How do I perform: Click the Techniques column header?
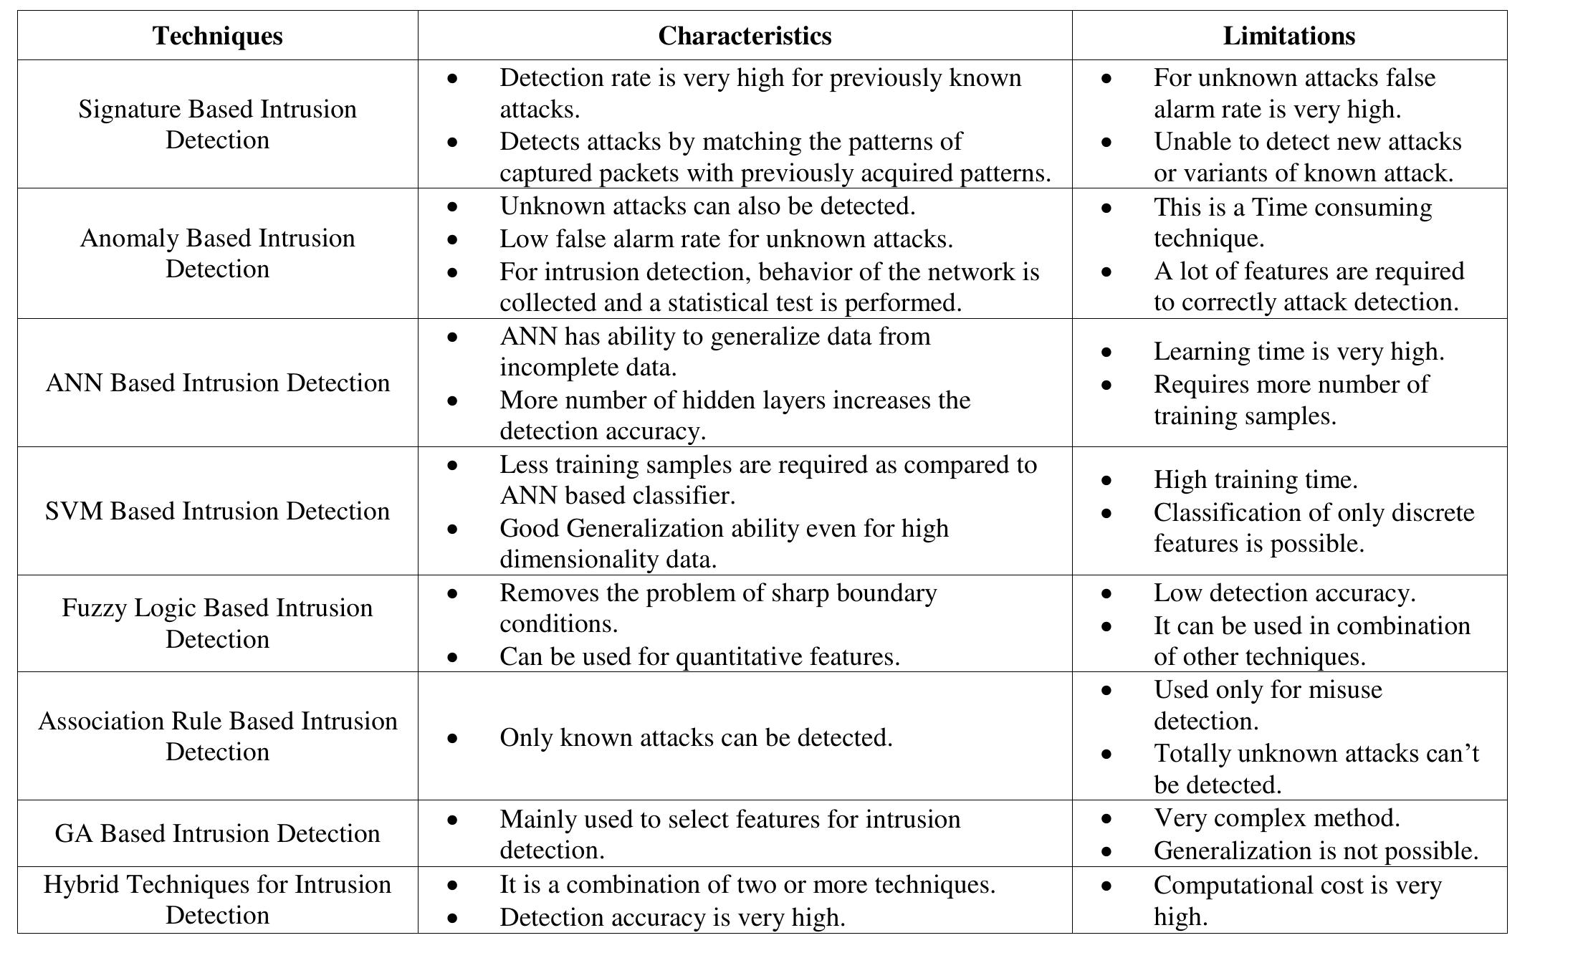pyautogui.click(x=217, y=36)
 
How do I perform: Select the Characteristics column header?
pyautogui.click(x=745, y=36)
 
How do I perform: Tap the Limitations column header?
pyautogui.click(x=1288, y=36)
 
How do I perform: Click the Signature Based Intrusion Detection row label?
pyautogui.click(x=217, y=124)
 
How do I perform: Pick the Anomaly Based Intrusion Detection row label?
pyautogui.click(x=217, y=253)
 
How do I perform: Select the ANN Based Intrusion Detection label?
pyautogui.click(x=217, y=383)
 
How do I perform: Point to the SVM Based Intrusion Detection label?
pyautogui.click(x=217, y=511)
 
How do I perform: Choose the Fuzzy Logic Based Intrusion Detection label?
pyautogui.click(x=217, y=623)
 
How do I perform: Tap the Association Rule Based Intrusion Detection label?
pyautogui.click(x=217, y=736)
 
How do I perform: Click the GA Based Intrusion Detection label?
pyautogui.click(x=217, y=833)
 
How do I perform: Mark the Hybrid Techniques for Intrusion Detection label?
pyautogui.click(x=217, y=899)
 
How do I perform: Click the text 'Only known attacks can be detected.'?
pyautogui.click(x=696, y=737)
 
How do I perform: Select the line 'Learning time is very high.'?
pyautogui.click(x=1299, y=351)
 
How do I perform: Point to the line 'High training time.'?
pyautogui.click(x=1256, y=479)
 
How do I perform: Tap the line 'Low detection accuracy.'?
pyautogui.click(x=1284, y=593)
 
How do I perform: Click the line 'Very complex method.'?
pyautogui.click(x=1276, y=818)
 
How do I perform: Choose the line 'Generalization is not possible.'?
pyautogui.click(x=1316, y=851)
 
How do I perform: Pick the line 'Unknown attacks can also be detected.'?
pyautogui.click(x=707, y=206)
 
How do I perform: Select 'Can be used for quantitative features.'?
pyautogui.click(x=699, y=656)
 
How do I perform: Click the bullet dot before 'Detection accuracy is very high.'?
pyautogui.click(x=451, y=918)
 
